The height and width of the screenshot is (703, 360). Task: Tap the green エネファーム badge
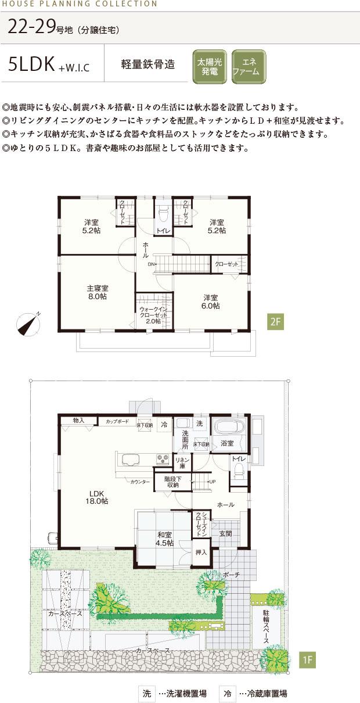pos(249,67)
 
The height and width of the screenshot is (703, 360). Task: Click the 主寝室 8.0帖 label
pos(98,292)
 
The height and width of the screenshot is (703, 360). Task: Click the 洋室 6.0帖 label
pos(211,302)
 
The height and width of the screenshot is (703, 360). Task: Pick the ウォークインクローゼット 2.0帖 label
pos(153,314)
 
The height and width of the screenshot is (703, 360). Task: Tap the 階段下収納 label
pos(172,482)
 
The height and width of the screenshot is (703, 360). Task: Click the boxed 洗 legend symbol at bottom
pos(147,693)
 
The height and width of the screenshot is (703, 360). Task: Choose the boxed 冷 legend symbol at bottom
pos(228,693)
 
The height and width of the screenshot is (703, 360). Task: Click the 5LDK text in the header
pos(32,65)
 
